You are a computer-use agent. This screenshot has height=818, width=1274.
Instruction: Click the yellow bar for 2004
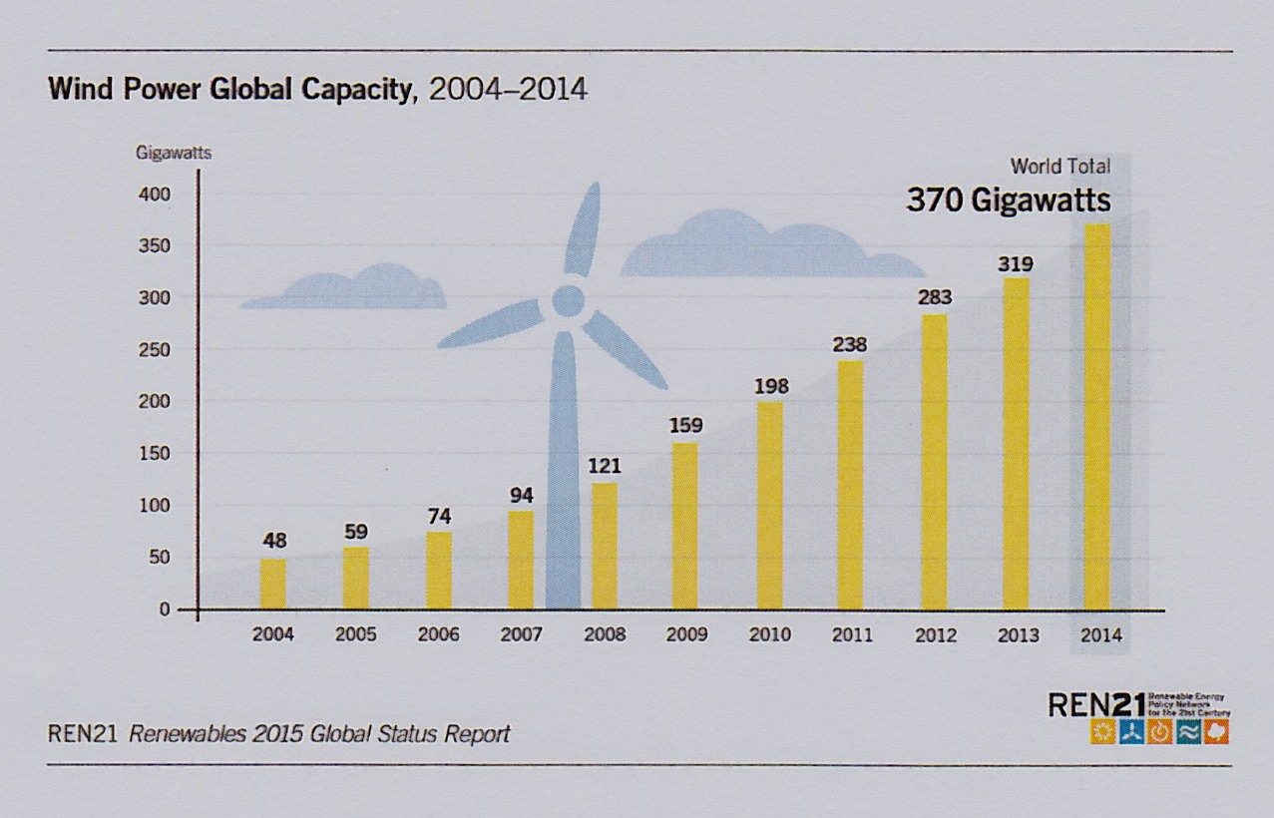point(272,584)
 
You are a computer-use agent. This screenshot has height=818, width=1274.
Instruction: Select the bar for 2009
point(685,526)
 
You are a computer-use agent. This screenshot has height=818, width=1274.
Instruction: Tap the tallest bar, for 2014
point(1096,416)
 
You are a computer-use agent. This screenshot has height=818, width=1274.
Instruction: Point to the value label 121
point(604,467)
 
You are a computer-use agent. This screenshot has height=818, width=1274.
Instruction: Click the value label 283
point(935,297)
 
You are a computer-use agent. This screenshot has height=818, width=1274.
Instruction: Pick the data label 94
point(521,495)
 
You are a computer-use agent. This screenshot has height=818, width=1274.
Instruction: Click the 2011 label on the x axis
point(851,634)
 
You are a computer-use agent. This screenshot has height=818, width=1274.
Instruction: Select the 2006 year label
point(438,634)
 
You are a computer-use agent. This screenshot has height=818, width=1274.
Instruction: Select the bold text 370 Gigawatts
point(1008,201)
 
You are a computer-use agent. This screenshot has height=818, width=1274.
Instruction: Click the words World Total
point(1060,166)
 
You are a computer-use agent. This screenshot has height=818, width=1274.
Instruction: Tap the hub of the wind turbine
point(568,300)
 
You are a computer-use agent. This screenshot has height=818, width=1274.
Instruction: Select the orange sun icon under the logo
point(1102,733)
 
